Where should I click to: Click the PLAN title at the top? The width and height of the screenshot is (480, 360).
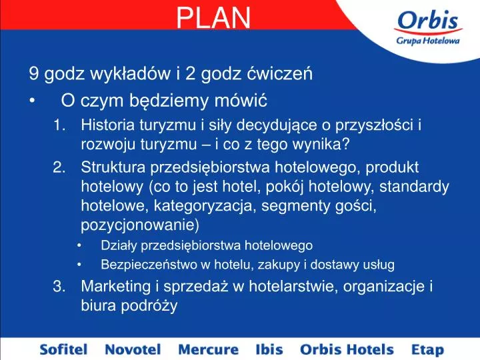(x=213, y=18)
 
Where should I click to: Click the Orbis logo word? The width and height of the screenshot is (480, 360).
(x=427, y=20)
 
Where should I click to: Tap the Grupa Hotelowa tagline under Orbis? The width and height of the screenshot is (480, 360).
(x=427, y=41)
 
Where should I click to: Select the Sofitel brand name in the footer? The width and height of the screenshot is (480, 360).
(x=64, y=349)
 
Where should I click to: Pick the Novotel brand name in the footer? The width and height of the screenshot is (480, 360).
(x=133, y=349)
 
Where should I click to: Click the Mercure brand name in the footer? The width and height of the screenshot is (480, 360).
(x=208, y=349)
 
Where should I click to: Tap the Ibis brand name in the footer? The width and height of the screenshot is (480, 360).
(x=269, y=349)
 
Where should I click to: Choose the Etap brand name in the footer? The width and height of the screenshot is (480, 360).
(x=427, y=349)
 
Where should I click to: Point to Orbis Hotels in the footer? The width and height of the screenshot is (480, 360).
(x=347, y=349)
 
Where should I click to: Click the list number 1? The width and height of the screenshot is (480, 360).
(x=59, y=125)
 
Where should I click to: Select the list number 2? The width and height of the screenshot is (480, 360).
(x=59, y=167)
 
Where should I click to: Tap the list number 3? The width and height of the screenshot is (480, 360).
(x=59, y=286)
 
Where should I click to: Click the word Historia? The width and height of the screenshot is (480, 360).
(x=108, y=125)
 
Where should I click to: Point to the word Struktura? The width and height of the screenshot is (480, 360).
(x=113, y=167)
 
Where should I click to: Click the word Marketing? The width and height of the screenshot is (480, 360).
(x=116, y=287)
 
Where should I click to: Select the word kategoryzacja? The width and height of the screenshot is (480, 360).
(x=203, y=206)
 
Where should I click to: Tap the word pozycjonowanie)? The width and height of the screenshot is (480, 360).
(x=140, y=225)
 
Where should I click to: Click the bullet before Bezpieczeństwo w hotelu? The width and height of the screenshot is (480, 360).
(x=79, y=265)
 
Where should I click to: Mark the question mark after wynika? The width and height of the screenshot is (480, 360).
(x=345, y=144)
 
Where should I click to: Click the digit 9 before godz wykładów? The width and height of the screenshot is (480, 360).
(x=34, y=74)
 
